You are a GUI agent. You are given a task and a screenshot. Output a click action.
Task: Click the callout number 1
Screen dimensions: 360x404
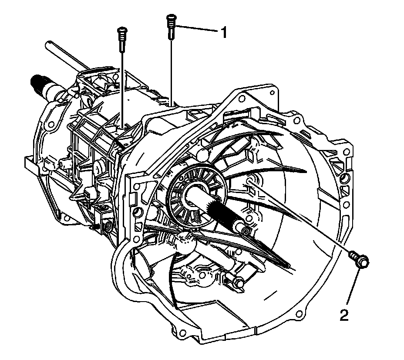[x=223, y=33]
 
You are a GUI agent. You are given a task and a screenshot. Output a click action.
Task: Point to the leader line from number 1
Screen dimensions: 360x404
[x=198, y=29]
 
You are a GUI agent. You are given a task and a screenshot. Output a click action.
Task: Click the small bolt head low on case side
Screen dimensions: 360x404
[x=106, y=227]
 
